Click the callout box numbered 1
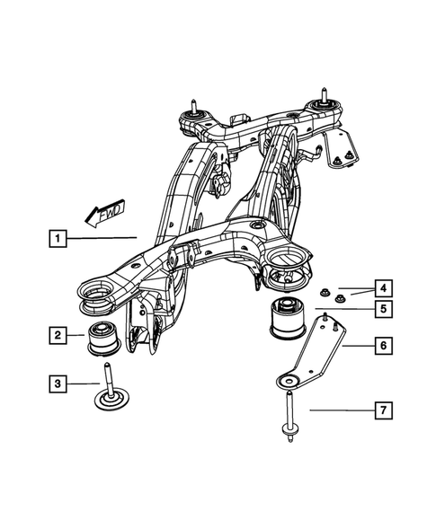(x=57, y=239)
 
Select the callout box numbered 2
(x=57, y=336)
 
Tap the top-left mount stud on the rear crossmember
(x=192, y=111)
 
